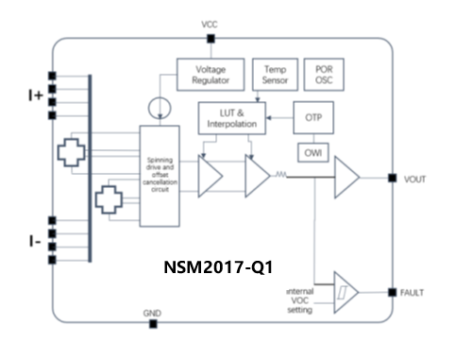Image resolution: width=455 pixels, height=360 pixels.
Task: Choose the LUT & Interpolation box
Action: coord(231,119)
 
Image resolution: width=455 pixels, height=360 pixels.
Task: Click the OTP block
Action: coord(314,118)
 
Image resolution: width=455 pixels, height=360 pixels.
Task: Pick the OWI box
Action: coord(314,152)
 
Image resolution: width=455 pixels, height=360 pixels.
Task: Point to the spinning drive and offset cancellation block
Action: coord(159,176)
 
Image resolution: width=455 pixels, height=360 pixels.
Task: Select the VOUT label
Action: coord(417,179)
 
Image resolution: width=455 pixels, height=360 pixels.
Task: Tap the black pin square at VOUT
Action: coord(392,178)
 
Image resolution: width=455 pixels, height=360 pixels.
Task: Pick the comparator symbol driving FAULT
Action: coord(345,293)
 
